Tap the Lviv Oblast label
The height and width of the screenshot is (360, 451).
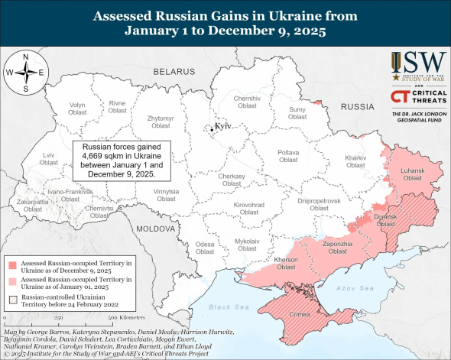click(x=28, y=158)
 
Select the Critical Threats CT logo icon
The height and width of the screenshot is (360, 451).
click(x=398, y=96)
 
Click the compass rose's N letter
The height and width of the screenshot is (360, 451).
click(x=25, y=57)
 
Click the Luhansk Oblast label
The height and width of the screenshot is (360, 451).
click(x=412, y=174)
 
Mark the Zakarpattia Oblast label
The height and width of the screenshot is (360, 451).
click(x=32, y=205)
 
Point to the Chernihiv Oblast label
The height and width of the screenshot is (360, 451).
click(x=246, y=102)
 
